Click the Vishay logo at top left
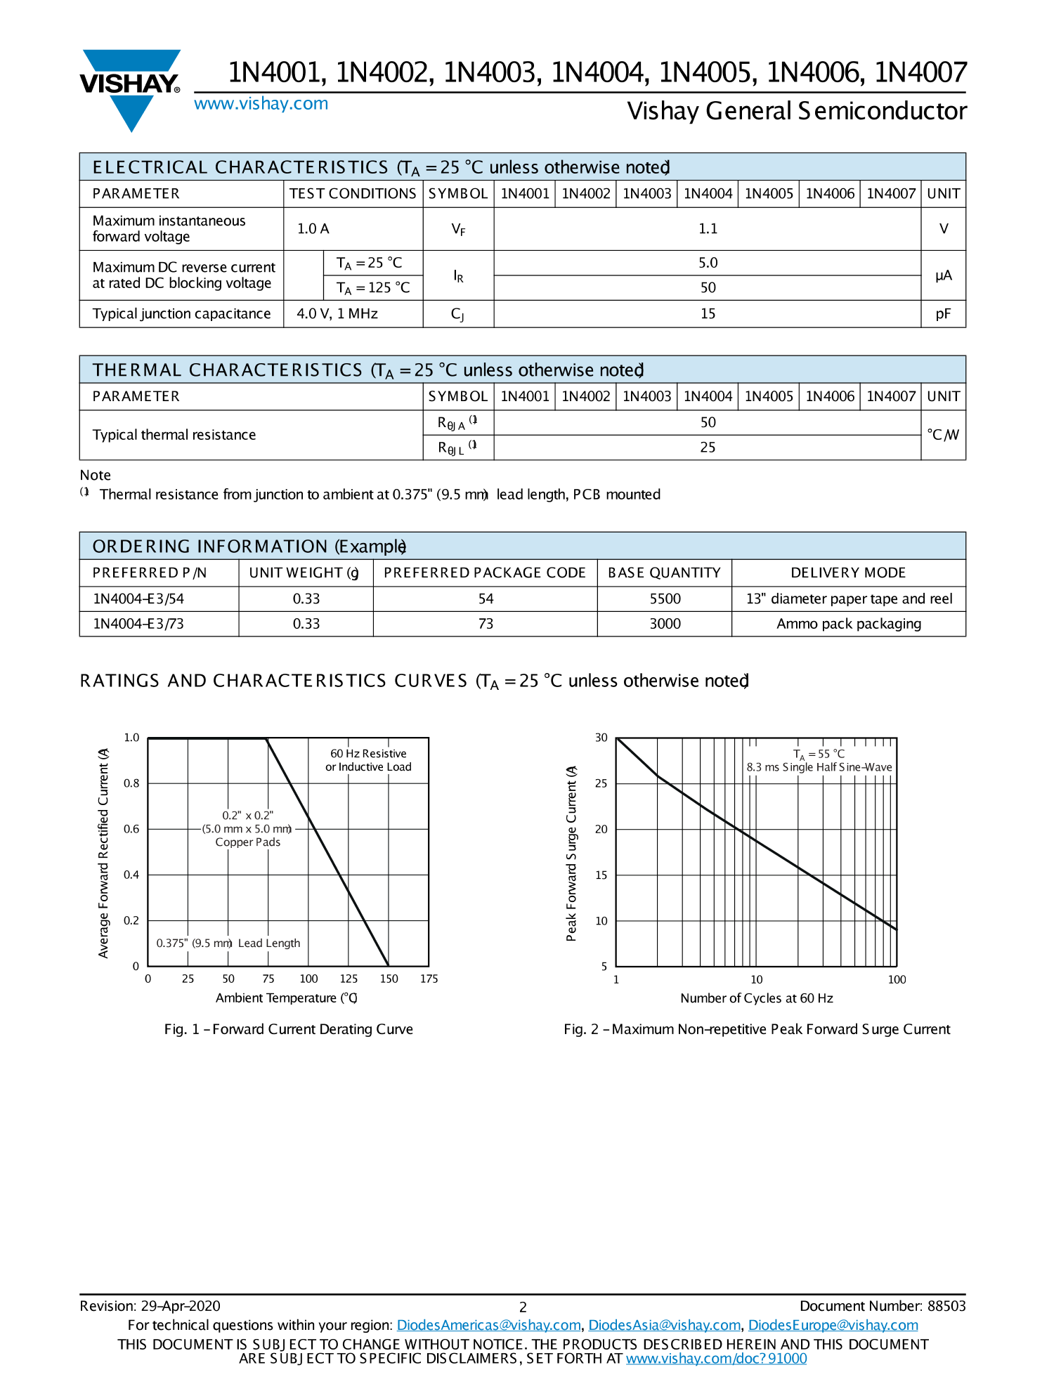(131, 88)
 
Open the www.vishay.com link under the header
(261, 104)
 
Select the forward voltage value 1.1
(708, 229)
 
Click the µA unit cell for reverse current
(943, 275)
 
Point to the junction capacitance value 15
(708, 314)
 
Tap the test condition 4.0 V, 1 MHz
(337, 314)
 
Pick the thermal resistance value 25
(708, 448)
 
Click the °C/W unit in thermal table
(943, 435)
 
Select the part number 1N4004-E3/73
(138, 624)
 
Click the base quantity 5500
(665, 599)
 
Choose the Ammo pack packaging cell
(848, 624)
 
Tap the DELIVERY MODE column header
(848, 573)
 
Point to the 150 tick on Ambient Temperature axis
(389, 979)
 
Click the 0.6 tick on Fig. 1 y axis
(131, 829)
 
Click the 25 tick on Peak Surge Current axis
(601, 783)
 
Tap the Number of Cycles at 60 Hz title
(756, 998)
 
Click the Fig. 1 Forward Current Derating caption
(288, 1029)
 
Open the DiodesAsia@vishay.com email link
(664, 1325)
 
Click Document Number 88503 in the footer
(883, 1306)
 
